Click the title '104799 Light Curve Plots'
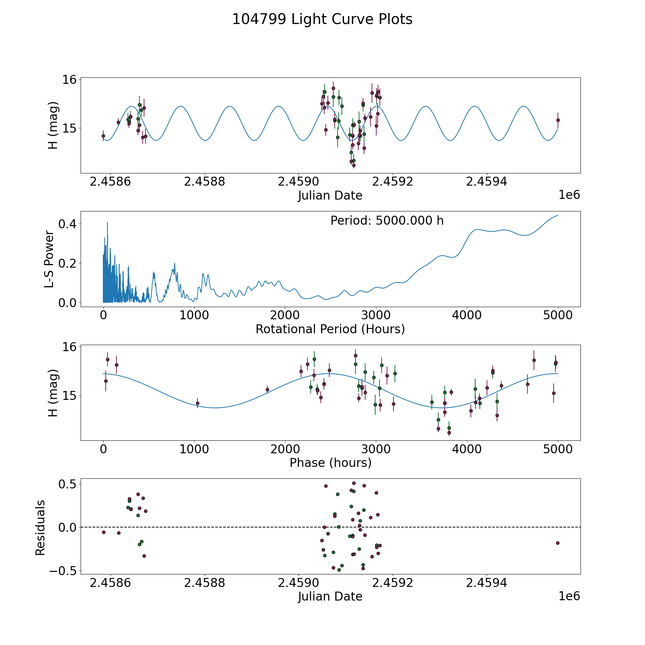(x=322, y=19)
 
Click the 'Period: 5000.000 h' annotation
(x=387, y=221)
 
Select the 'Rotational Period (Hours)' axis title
(x=330, y=329)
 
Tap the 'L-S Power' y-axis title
(x=49, y=259)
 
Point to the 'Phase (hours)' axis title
(x=330, y=463)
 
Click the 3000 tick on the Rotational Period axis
(x=376, y=316)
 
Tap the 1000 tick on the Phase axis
(x=194, y=449)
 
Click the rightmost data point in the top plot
(x=558, y=120)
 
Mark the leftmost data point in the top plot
(x=103, y=136)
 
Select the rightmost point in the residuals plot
(x=558, y=543)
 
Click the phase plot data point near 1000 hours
(x=197, y=403)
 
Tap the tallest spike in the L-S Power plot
(x=107, y=223)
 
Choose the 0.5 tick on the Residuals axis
(x=68, y=484)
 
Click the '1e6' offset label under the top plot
(x=569, y=195)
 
